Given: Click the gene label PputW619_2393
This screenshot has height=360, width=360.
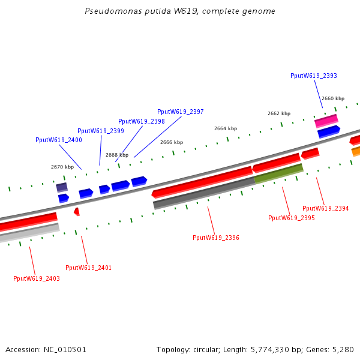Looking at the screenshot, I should pyautogui.click(x=313, y=76).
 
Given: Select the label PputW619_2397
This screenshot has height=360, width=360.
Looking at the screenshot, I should pyautogui.click(x=180, y=112).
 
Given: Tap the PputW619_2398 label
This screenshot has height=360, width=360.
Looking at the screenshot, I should pyautogui.click(x=141, y=121).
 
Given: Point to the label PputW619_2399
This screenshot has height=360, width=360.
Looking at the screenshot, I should pyautogui.click(x=100, y=131).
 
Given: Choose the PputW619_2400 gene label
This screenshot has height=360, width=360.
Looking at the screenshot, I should pyautogui.click(x=58, y=140).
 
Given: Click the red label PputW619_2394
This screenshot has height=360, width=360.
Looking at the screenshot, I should pyautogui.click(x=325, y=208).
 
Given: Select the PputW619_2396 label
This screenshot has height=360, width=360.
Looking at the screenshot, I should pyautogui.click(x=215, y=238).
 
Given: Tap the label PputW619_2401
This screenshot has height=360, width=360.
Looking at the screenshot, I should pyautogui.click(x=88, y=268).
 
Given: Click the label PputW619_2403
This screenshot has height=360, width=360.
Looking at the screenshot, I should pyautogui.click(x=37, y=278).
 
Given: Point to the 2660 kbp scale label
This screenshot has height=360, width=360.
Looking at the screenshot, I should pyautogui.click(x=333, y=98).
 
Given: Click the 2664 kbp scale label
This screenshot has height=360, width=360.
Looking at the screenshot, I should pyautogui.click(x=226, y=128).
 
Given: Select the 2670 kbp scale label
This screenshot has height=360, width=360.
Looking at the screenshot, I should pyautogui.click(x=62, y=167).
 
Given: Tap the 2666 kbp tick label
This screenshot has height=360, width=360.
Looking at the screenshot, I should pyautogui.click(x=172, y=142).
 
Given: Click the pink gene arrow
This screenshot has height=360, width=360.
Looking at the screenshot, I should pyautogui.click(x=326, y=121).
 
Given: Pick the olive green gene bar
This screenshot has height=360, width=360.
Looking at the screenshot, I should pyautogui.click(x=278, y=173).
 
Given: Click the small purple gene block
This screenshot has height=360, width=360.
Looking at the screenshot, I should pyautogui.click(x=62, y=188).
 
